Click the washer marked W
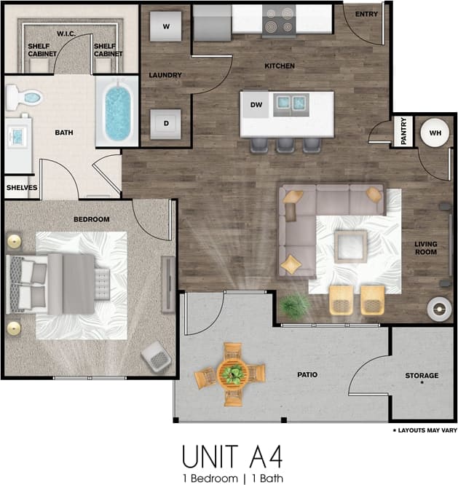pyautogui.click(x=166, y=27)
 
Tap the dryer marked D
pyautogui.click(x=166, y=123)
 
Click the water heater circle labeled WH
pyautogui.click(x=435, y=133)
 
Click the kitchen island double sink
pyautogui.click(x=291, y=105)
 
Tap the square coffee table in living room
pyautogui.click(x=351, y=245)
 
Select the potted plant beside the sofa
pyautogui.click(x=294, y=307)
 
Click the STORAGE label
pyautogui.click(x=422, y=376)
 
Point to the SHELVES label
pyautogui.click(x=22, y=187)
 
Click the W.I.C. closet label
pyautogui.click(x=66, y=33)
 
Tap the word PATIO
pyautogui.click(x=307, y=375)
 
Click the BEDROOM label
pyautogui.click(x=91, y=219)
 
